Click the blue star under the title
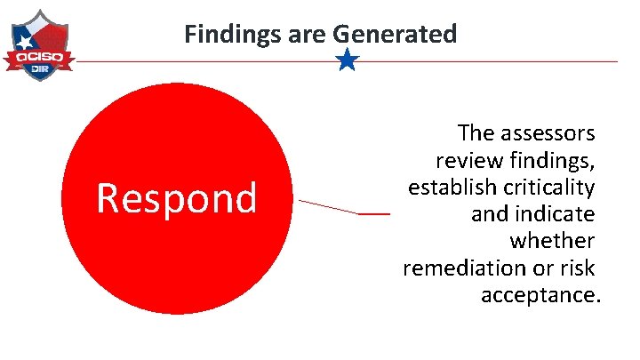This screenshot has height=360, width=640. click(348, 60)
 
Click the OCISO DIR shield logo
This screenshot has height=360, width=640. click(37, 45)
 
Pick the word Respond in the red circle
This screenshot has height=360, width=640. click(176, 197)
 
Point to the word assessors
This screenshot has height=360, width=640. click(545, 133)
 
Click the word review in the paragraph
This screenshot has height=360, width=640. click(465, 161)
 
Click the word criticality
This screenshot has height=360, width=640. click(550, 188)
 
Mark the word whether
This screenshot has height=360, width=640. click(552, 241)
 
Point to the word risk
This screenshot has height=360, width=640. click(577, 268)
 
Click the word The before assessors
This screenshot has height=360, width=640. click(475, 133)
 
